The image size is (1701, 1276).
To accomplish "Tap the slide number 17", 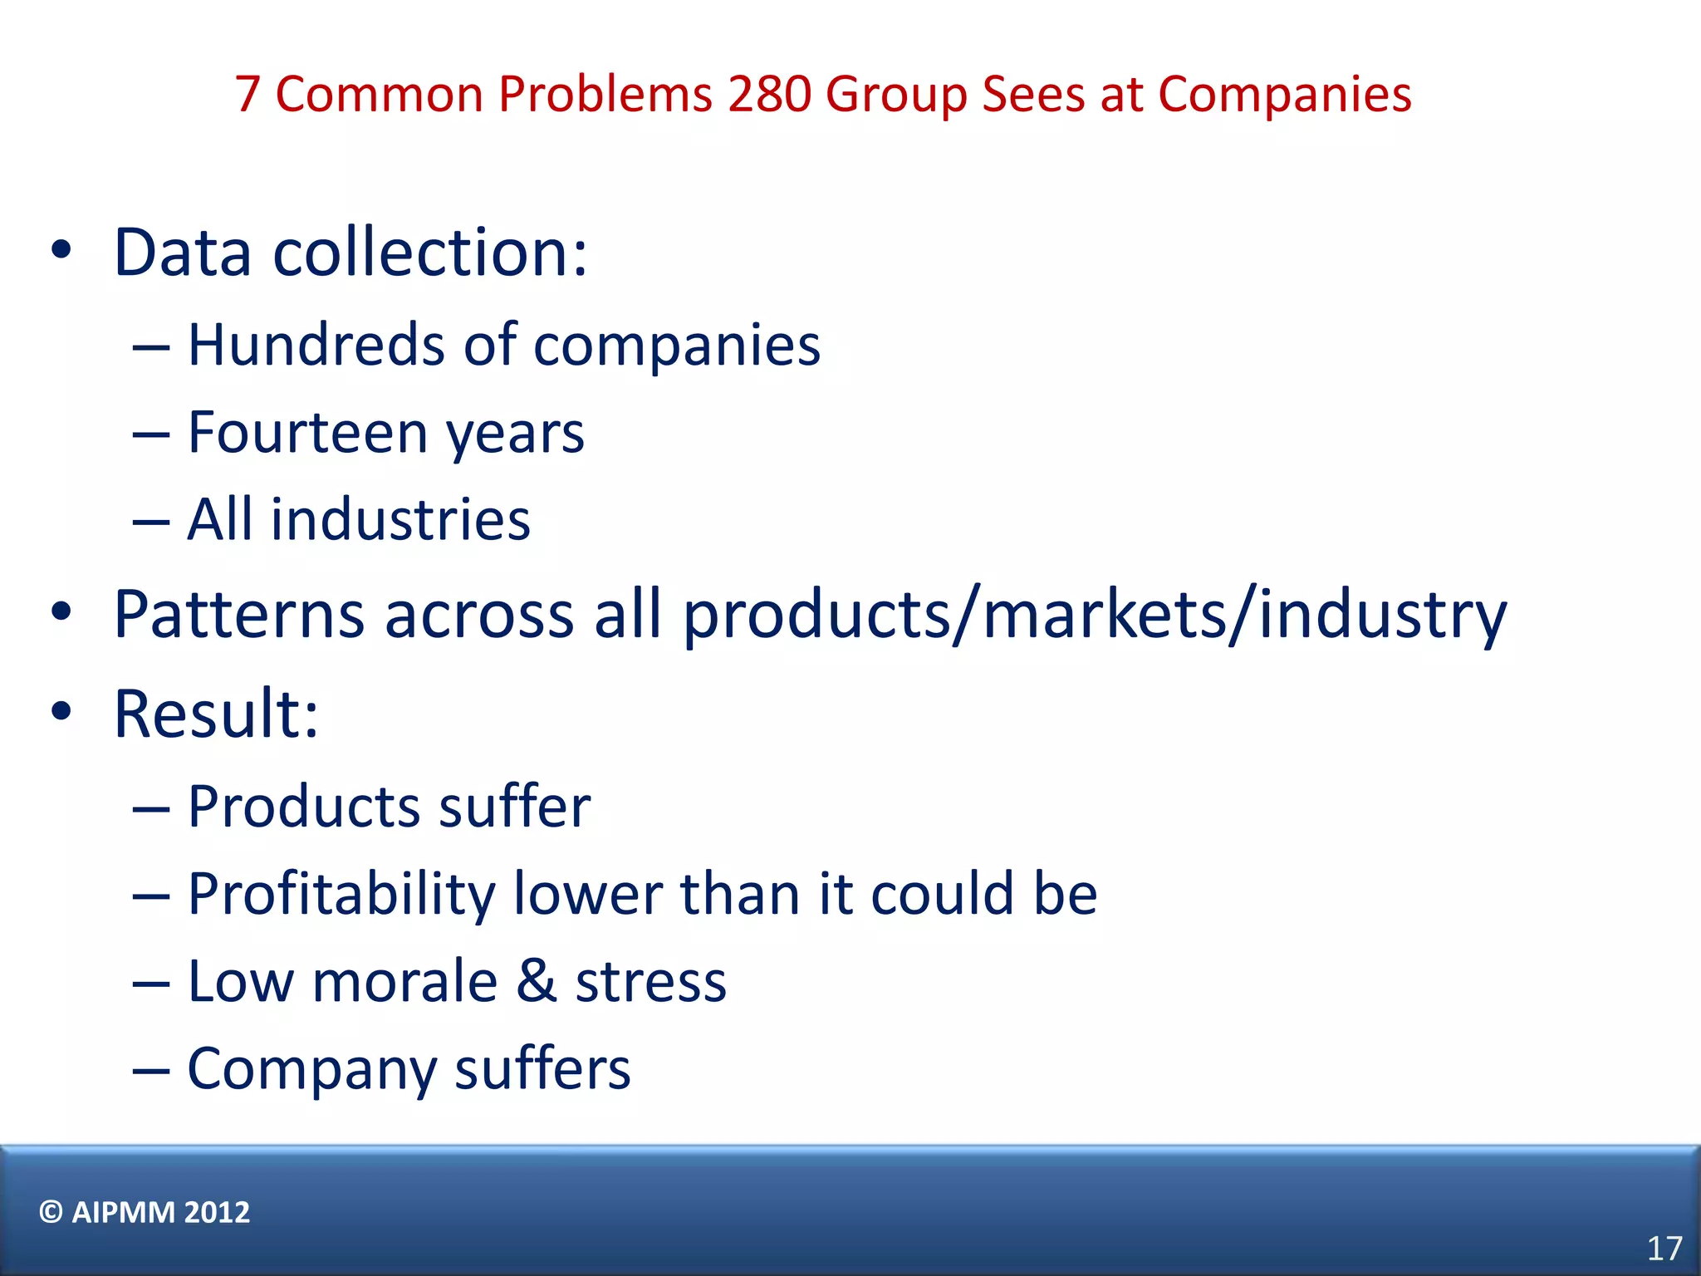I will point(1664,1249).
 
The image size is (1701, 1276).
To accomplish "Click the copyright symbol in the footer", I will point(51,1212).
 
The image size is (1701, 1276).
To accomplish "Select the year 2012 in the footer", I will point(217,1212).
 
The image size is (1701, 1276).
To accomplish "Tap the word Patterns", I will point(239,615).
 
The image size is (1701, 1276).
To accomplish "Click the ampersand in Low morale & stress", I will point(536,981).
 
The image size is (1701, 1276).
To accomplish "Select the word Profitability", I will point(341,895).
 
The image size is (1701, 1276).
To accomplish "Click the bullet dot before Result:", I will point(61,711).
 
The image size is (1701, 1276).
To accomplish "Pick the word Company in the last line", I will point(311,1070).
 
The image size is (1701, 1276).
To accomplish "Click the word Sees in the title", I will point(1033,94).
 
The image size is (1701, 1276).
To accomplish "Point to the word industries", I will point(400,520).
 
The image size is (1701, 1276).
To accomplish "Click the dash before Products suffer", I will point(151,808).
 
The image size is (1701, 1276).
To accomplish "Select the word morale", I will point(405,981).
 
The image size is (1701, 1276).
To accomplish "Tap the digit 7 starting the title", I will point(248,94).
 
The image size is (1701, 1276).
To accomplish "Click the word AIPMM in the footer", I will point(123,1212).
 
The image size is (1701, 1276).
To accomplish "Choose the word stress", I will point(650,981).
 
